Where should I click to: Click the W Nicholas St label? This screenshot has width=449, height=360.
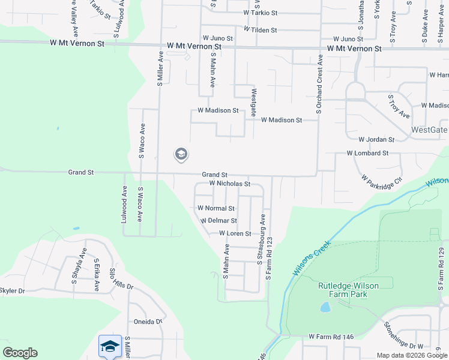pos(229,184)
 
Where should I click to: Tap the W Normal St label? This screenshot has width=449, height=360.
pos(216,208)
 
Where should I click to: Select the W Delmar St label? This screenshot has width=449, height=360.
pos(218,221)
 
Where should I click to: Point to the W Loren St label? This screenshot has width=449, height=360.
pos(235,233)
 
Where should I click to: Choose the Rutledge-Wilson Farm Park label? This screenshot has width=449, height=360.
pos(348,290)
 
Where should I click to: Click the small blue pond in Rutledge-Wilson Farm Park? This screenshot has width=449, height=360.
pos(325,308)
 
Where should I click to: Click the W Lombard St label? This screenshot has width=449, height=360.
pos(367,153)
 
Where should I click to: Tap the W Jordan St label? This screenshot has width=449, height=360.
pos(376,139)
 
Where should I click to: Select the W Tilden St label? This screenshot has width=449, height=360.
pos(260,30)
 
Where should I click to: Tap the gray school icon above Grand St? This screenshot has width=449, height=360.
pos(181,155)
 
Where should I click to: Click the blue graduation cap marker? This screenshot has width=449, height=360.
pos(110,346)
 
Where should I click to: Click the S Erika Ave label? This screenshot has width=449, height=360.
pos(95,275)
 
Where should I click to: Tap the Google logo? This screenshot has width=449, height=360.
pos(20,353)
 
